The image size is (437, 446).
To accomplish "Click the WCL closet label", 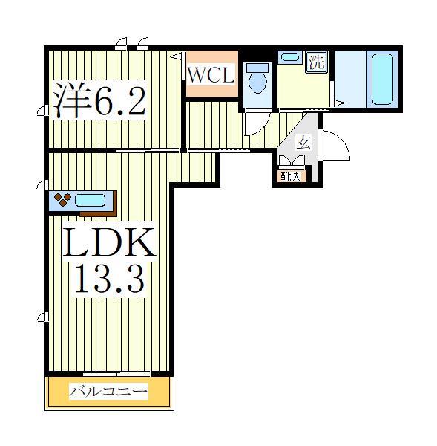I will tap(211, 74).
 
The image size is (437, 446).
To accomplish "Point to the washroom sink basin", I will tap(290, 56).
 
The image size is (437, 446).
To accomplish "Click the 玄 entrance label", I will tap(303, 143).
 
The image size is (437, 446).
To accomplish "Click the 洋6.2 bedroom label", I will tap(99, 102).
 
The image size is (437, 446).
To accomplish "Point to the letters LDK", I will tap(111, 243).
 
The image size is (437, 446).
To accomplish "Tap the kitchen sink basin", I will tap(91, 200).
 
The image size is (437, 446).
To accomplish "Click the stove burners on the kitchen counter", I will tap(62, 199).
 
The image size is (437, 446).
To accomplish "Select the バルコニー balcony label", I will tap(109, 391).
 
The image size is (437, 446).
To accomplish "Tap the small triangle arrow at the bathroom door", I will tap(337, 101).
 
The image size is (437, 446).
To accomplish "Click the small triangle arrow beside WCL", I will tap(176, 56).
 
